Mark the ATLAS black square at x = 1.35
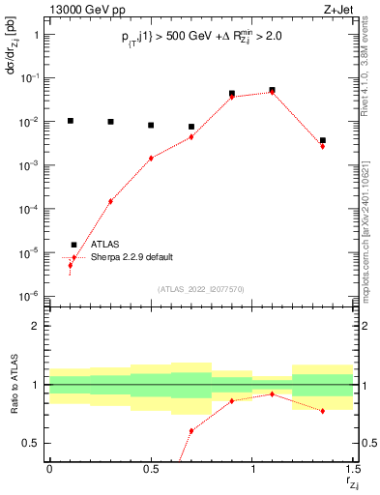tap(323, 140)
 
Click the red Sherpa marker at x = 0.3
tap(110, 201)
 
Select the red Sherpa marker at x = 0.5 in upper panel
tap(151, 158)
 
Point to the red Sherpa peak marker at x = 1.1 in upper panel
tap(273, 92)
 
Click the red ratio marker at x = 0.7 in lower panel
tap(191, 430)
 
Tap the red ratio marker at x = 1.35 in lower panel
tap(323, 411)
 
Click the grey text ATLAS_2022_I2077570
tap(201, 289)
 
